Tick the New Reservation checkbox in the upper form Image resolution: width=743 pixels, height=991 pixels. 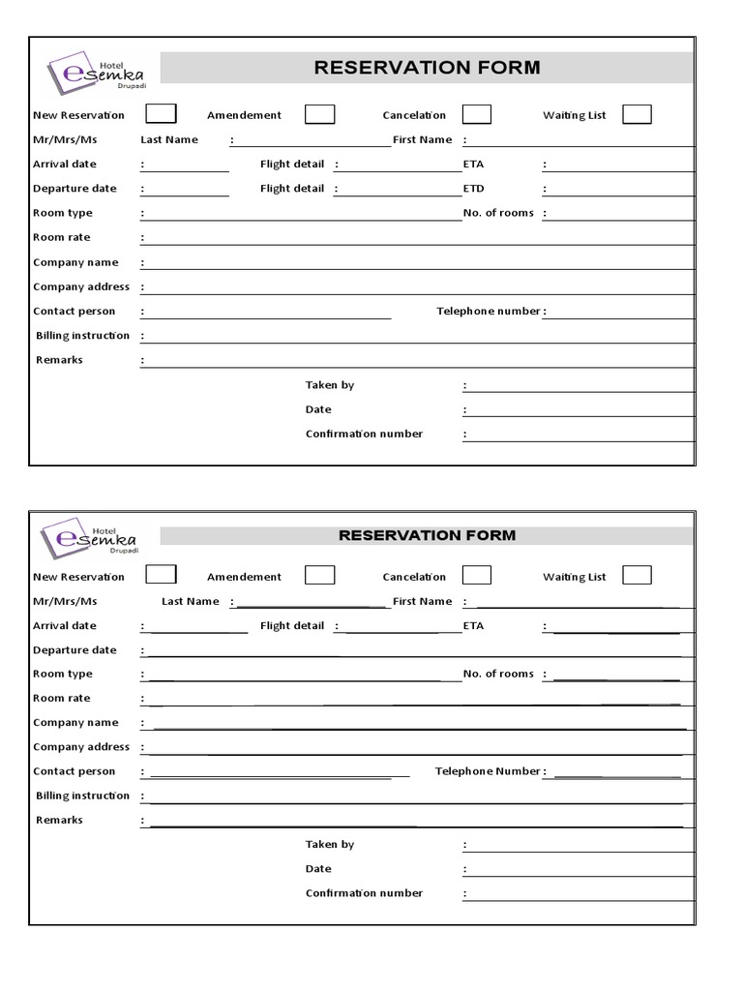click(161, 114)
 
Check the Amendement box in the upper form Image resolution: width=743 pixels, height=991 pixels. click(320, 114)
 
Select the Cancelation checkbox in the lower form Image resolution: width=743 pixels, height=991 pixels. click(476, 576)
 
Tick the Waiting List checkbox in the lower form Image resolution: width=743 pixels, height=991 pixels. click(637, 576)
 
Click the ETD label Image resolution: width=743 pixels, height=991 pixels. click(473, 189)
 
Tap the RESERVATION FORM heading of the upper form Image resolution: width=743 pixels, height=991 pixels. click(427, 68)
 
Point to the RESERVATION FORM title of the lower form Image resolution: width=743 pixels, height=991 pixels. click(427, 535)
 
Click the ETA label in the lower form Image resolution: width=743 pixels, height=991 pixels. click(473, 626)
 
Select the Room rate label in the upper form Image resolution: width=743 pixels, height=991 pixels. click(62, 237)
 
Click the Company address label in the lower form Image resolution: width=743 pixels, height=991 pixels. click(81, 747)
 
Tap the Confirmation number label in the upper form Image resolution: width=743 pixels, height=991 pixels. click(364, 434)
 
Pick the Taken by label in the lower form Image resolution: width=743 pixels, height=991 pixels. click(330, 845)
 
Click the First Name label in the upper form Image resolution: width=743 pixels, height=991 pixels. click(422, 139)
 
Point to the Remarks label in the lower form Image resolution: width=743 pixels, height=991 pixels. click(59, 820)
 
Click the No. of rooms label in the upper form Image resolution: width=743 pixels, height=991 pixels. click(498, 213)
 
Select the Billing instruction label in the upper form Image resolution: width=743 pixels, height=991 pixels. click(82, 336)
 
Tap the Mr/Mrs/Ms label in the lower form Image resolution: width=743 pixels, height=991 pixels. click(65, 601)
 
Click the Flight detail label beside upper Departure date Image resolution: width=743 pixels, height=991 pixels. click(292, 189)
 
